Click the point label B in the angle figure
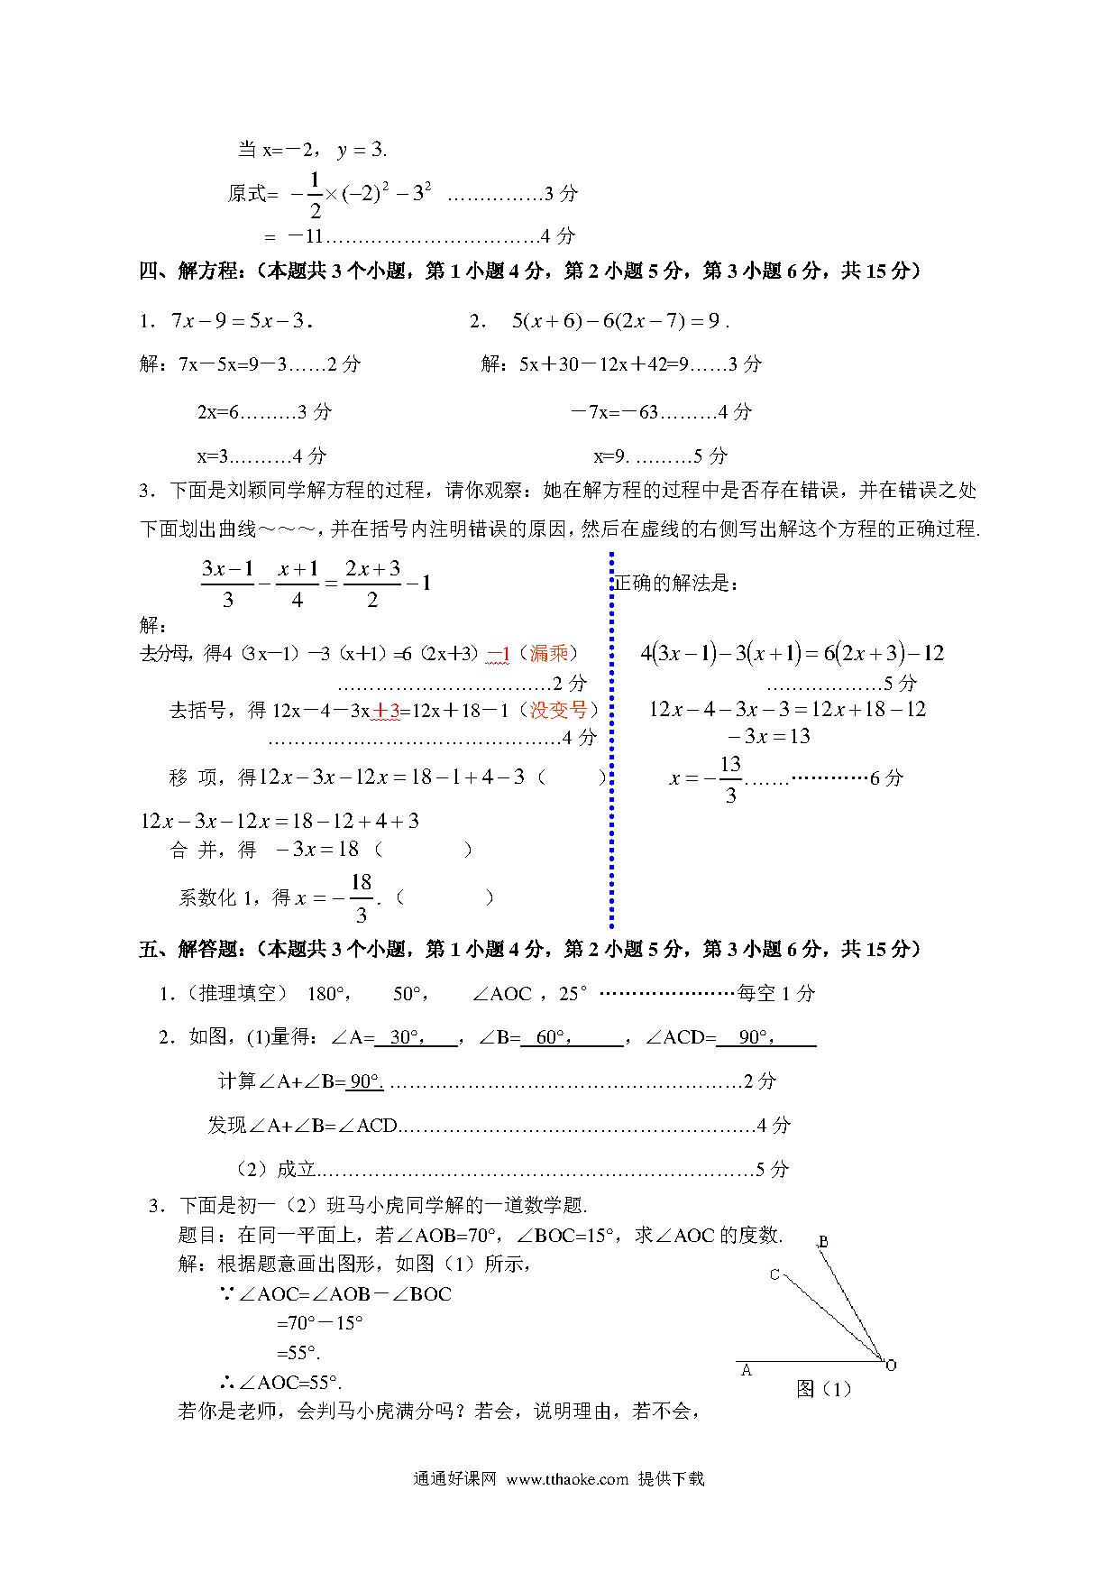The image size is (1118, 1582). pos(823,1242)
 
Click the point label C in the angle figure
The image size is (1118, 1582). pos(774,1274)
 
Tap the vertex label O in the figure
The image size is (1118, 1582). pos(891,1365)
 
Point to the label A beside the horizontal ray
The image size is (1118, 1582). pos(747,1370)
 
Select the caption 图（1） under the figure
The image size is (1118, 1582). pos(823,1389)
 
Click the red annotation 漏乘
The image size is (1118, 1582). pos(549,653)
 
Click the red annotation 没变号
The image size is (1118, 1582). pos(558,710)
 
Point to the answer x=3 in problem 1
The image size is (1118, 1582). pos(214,456)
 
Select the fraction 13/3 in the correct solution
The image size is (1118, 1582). pos(729,778)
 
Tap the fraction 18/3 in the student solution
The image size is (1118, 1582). pos(361,897)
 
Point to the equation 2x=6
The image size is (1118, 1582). pos(217,412)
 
